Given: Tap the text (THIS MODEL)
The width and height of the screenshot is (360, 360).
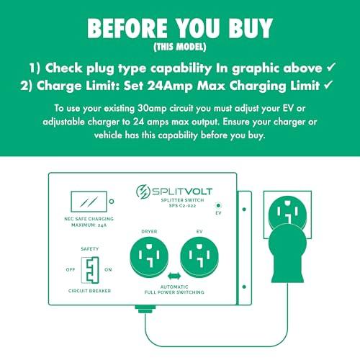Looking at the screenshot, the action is coord(180,47).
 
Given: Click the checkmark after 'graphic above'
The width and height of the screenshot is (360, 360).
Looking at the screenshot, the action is coord(331,67).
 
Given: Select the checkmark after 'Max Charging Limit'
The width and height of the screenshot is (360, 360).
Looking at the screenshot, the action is coord(328,85).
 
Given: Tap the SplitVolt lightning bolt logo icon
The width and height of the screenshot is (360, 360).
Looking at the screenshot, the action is coord(142,192).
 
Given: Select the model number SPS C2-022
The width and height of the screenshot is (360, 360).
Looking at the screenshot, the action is coord(182,206).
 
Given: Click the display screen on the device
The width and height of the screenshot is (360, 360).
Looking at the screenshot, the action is coord(89,202).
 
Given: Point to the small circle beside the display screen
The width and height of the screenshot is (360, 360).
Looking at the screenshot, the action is coord(112,202).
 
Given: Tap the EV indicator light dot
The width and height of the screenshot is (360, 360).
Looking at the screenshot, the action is coord(218,205).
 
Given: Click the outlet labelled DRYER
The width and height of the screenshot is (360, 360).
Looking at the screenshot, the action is coord(149,257).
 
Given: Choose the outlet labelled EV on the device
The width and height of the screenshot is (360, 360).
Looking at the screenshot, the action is coord(199,257).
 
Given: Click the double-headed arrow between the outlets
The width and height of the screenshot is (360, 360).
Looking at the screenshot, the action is coord(174,276).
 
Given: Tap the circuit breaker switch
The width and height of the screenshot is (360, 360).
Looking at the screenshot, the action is coord(90,270).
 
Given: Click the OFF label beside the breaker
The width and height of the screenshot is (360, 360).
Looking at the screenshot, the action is coord(71,269).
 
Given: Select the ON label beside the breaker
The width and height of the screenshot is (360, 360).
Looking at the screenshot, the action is coord(108,269).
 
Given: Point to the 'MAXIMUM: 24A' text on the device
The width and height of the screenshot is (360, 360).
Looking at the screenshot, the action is coord(89,225).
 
